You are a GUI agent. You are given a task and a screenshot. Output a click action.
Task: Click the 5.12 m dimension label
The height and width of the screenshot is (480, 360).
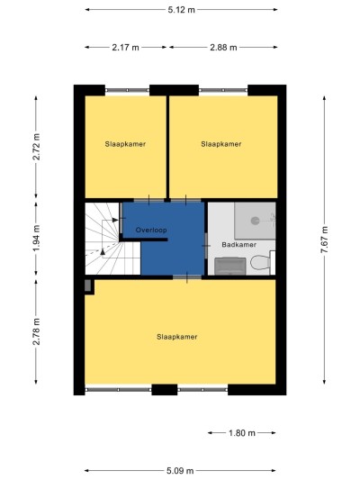click(x=181, y=10)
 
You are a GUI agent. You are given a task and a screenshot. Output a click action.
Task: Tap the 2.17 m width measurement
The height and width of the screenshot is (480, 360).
click(x=125, y=48)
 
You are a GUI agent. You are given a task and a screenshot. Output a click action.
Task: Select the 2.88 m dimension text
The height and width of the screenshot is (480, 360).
click(x=223, y=48)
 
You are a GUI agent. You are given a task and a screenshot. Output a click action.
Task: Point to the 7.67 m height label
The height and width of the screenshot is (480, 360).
click(x=324, y=240)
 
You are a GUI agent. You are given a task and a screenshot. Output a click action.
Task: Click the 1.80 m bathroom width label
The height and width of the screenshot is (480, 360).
click(x=241, y=433)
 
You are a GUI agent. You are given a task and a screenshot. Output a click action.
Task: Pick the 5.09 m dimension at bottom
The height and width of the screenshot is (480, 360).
click(x=180, y=470)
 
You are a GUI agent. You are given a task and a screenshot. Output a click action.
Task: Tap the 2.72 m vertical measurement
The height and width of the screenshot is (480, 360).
click(x=36, y=146)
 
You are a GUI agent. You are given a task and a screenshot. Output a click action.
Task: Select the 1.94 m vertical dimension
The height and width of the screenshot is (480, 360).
click(x=36, y=238)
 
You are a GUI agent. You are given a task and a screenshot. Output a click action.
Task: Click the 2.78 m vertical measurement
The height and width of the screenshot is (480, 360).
click(x=36, y=331)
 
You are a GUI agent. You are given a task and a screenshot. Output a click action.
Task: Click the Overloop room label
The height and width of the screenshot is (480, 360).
click(x=151, y=230)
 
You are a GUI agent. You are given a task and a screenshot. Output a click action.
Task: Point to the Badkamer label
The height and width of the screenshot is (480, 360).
click(x=238, y=245)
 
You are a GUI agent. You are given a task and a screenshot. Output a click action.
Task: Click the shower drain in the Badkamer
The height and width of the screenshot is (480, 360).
click(x=255, y=221)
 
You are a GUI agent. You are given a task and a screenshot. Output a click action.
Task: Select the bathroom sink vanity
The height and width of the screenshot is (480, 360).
click(x=230, y=266)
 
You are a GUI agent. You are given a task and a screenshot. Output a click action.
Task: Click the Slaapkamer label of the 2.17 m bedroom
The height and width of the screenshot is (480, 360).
click(x=125, y=144)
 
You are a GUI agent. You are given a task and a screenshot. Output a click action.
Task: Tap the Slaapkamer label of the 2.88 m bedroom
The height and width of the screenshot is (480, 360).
click(x=221, y=144)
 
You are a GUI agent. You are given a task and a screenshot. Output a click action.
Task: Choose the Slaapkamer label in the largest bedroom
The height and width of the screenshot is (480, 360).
click(x=176, y=337)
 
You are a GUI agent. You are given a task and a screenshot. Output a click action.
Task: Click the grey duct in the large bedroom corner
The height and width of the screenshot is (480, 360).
click(x=88, y=285)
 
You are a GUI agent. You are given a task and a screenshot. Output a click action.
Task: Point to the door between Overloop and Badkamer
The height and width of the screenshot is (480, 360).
click(x=206, y=246)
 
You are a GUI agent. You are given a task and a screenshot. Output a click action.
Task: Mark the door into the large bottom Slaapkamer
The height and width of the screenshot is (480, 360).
click(x=187, y=277)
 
